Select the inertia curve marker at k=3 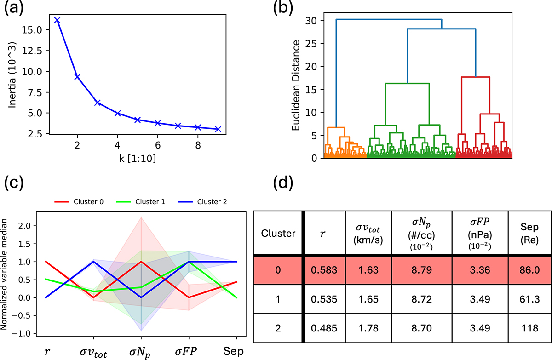98,103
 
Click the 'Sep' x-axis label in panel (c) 236,352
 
